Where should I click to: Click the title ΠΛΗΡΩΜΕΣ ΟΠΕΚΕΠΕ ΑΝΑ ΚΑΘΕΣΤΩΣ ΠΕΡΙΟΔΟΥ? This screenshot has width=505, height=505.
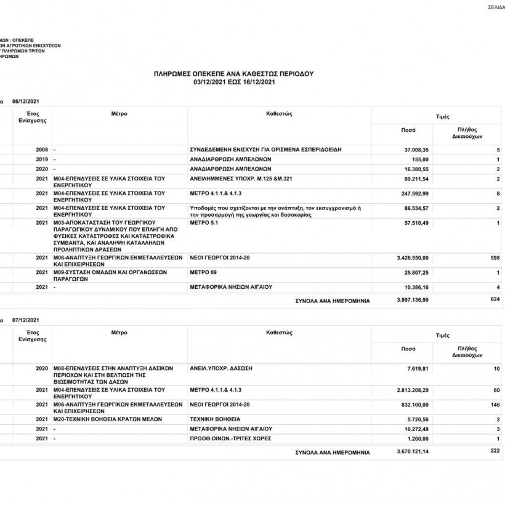point(233,73)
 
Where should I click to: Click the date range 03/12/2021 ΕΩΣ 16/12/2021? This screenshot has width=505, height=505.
point(233,81)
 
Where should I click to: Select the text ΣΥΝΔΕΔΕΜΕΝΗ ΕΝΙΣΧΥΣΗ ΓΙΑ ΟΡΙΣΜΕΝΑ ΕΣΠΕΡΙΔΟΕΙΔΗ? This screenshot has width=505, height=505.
point(265,150)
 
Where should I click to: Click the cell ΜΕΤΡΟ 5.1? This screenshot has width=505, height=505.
point(204,222)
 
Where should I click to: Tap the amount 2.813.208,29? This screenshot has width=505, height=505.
point(411,390)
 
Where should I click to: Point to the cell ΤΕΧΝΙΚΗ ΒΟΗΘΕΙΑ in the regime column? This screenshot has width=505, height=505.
point(215,419)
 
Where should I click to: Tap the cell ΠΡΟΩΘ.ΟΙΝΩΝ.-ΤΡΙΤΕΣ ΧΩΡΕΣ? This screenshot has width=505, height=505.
point(231,438)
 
